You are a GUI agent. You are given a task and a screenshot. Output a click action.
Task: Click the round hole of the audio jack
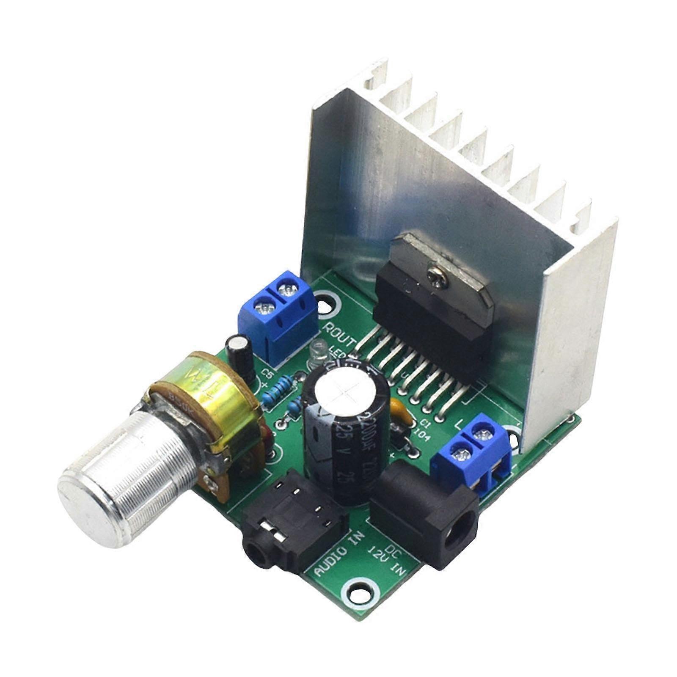point(256,554)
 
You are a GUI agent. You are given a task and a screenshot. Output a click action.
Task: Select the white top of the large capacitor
point(345,396)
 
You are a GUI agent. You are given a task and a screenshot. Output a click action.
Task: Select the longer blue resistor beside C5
point(279,392)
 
